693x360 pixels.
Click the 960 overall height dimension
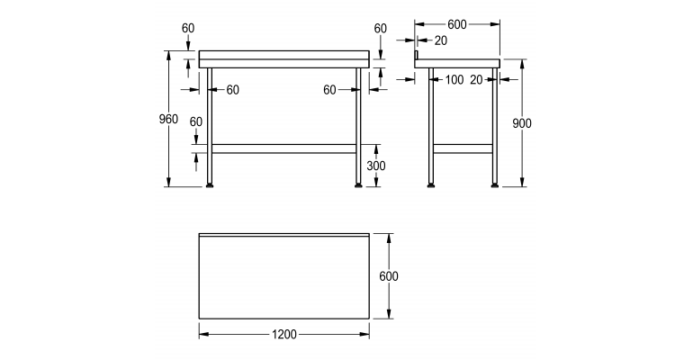tap(168, 120)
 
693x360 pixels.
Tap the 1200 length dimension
tap(283, 334)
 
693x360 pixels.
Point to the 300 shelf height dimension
tap(377, 165)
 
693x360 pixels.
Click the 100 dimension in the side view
tap(454, 80)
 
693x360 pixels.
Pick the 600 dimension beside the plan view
tap(388, 276)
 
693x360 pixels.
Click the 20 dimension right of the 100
tap(476, 80)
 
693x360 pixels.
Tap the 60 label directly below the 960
tap(196, 121)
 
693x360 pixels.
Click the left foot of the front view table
tap(210, 185)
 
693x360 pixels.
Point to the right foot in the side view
tap(494, 185)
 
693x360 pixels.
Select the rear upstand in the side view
tap(416, 57)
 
